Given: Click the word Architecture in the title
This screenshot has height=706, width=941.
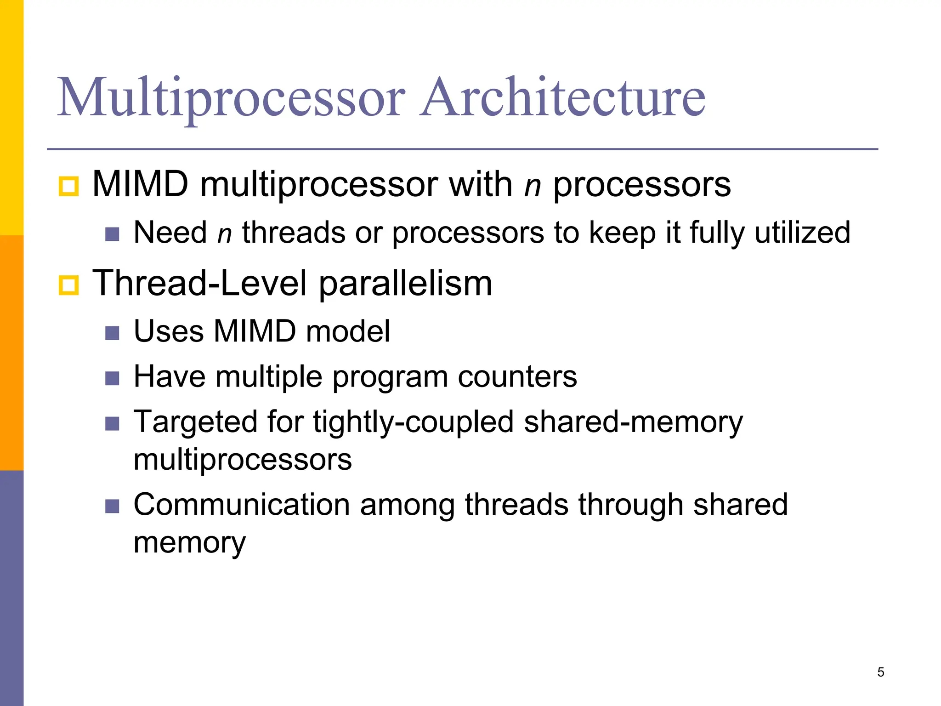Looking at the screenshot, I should [563, 97].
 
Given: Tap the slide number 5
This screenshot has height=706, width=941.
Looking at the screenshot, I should [880, 672].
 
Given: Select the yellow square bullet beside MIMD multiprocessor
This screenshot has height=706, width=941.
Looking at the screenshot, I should [69, 186].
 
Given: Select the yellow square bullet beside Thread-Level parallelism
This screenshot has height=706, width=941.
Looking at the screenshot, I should [69, 285].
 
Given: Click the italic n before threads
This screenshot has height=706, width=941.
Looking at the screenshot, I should [224, 233].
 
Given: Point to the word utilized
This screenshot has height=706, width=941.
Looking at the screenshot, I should [802, 232].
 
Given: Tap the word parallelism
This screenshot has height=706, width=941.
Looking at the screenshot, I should [405, 284].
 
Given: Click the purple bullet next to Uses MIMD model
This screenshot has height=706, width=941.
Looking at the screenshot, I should [112, 333].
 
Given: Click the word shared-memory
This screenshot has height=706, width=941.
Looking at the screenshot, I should [633, 422].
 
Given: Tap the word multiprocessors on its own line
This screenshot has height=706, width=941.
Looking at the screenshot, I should [242, 460].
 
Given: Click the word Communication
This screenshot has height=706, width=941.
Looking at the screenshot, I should [242, 505].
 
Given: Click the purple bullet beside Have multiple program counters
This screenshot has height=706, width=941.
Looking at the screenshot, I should [112, 378].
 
